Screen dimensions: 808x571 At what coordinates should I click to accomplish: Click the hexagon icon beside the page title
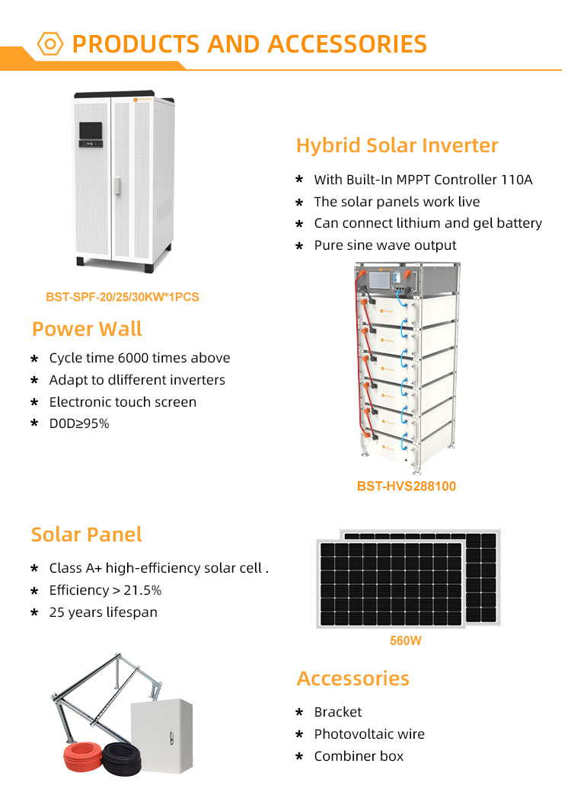click(49, 43)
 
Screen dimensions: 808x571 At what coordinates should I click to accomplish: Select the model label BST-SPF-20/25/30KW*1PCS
click(122, 297)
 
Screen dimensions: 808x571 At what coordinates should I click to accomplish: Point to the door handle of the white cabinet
click(117, 185)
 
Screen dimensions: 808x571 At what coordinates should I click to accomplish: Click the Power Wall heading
click(87, 330)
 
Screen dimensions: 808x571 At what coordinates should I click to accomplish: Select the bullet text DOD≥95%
click(79, 423)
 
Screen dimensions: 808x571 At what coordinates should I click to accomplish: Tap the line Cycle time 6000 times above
click(139, 358)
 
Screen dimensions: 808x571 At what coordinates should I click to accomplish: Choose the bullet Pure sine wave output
click(385, 245)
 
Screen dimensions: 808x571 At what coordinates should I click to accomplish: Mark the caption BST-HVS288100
click(407, 486)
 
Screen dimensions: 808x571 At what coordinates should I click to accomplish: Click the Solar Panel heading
click(86, 535)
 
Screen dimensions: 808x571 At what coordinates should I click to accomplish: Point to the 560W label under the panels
click(405, 641)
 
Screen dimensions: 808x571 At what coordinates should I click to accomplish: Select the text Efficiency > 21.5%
click(105, 590)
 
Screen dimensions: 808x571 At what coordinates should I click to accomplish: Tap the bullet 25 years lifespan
click(103, 612)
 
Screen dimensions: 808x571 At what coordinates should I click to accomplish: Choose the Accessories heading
click(352, 679)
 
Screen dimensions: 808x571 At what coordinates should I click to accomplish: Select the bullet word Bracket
click(338, 712)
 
